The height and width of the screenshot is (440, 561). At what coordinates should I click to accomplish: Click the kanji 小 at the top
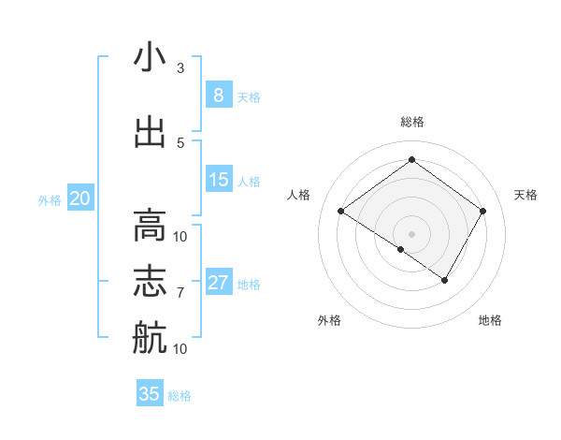[x=150, y=58]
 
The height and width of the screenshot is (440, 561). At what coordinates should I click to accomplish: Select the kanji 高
[x=150, y=226]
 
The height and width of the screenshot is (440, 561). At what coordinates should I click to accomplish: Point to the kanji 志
[x=150, y=282]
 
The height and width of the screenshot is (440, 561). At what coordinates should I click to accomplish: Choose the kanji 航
[x=150, y=337]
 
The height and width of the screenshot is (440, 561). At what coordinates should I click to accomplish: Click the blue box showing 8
[x=218, y=95]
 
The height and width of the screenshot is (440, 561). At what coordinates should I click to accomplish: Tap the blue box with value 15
[x=218, y=180]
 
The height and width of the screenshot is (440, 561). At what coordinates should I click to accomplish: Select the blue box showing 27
[x=218, y=283]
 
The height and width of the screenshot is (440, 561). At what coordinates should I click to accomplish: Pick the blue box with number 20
[x=80, y=198]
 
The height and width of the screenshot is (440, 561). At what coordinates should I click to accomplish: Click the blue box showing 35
[x=150, y=394]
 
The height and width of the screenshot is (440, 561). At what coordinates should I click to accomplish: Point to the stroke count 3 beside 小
[x=180, y=68]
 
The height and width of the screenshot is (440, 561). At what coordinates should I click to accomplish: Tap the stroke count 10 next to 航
[x=180, y=348]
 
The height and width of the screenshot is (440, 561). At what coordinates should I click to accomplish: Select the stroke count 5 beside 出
[x=180, y=142]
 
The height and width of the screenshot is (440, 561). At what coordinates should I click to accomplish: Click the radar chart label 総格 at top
[x=411, y=123]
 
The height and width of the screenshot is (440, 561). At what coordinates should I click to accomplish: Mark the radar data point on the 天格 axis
[x=482, y=212]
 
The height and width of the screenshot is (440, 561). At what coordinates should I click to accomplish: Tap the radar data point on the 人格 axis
[x=341, y=212]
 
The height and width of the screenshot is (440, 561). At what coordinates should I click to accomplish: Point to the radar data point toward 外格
[x=401, y=249]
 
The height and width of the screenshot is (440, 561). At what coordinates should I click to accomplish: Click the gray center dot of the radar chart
[x=411, y=233]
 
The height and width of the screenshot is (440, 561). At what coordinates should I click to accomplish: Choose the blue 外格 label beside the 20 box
[x=49, y=199]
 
